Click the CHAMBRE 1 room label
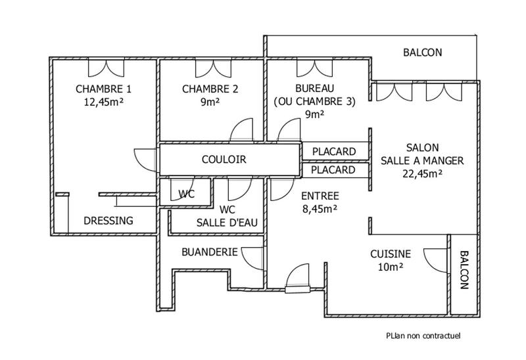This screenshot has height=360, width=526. tap(104, 89)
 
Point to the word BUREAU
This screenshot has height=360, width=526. tap(315, 89)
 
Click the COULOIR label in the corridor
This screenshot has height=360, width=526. tap(224, 160)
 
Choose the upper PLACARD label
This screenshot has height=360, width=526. tap(334, 152)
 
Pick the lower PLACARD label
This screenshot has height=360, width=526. tap(334, 170)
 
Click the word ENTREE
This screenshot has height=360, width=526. tap(320, 196)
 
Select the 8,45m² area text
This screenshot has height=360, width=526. tap(320, 209)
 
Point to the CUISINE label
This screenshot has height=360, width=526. tap(391, 254)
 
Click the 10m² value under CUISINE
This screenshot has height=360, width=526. tap(391, 267)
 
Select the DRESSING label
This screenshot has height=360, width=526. tap(108, 221)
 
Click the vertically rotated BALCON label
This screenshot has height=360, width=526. tap(464, 270)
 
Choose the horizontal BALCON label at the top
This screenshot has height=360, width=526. tap(422, 53)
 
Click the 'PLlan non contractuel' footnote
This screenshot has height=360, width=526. tap(423, 335)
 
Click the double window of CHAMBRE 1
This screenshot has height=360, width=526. tap(105, 68)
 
